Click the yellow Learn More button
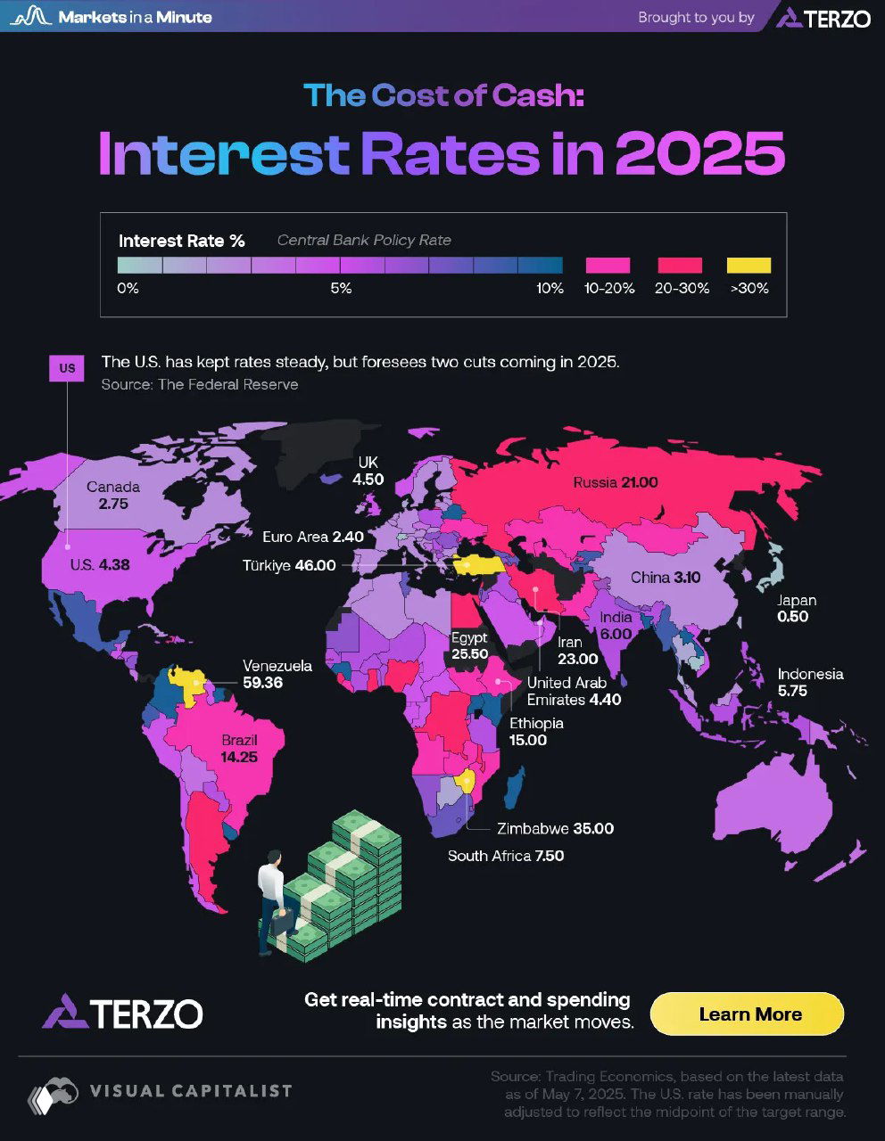click(x=747, y=1014)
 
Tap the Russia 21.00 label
click(x=616, y=482)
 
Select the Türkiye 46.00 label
click(x=290, y=565)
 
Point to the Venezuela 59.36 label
click(x=277, y=674)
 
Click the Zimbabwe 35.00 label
click(x=555, y=828)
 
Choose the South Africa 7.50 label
click(x=505, y=856)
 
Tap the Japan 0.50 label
click(x=796, y=608)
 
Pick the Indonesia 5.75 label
click(x=809, y=682)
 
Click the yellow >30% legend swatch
click(x=749, y=265)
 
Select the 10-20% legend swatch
click(x=608, y=265)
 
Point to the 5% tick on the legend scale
click(x=340, y=289)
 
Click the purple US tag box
click(x=67, y=368)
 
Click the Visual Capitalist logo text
click(x=190, y=1090)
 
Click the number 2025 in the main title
click(x=699, y=153)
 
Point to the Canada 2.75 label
click(x=113, y=495)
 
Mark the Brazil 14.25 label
click(x=240, y=749)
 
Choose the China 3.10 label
click(x=666, y=578)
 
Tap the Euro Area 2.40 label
click(x=313, y=537)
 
